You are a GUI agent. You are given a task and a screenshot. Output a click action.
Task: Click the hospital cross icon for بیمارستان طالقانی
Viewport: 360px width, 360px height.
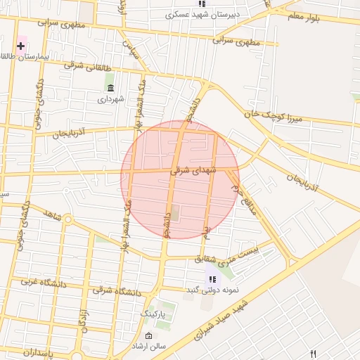[21, 46]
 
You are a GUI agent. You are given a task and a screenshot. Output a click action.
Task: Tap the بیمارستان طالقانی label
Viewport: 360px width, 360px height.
[25, 57]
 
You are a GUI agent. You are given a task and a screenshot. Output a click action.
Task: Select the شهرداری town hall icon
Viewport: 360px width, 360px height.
[110, 86]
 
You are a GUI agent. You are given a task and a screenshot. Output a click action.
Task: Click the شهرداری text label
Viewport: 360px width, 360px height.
[111, 98]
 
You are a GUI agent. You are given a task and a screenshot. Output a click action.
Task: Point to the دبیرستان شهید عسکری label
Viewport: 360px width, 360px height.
[202, 13]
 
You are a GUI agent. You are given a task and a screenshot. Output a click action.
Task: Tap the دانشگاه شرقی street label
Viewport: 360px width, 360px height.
[117, 290]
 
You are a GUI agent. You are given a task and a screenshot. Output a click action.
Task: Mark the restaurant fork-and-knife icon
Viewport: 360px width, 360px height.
[314, 354]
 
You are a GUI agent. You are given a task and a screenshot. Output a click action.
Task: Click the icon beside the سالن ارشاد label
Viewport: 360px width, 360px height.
[148, 337]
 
